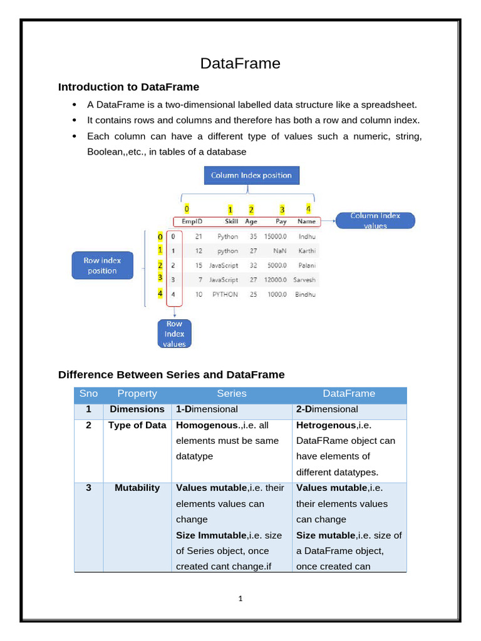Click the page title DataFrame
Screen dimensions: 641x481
tap(240, 63)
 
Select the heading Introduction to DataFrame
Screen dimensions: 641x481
tap(128, 87)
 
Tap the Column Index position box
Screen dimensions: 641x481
tap(251, 175)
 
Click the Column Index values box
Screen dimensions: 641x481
tap(375, 220)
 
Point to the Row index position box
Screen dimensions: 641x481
tap(102, 265)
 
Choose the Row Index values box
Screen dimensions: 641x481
tap(174, 334)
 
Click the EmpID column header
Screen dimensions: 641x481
tap(192, 222)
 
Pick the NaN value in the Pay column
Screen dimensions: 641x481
tap(280, 251)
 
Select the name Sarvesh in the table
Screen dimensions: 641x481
tap(306, 280)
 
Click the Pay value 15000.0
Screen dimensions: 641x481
tap(275, 237)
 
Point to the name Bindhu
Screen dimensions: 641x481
tap(306, 294)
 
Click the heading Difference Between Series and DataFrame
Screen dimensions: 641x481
tap(171, 375)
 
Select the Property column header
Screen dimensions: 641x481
tap(137, 394)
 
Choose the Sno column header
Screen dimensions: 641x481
tap(88, 394)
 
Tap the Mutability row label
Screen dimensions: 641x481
tap(137, 488)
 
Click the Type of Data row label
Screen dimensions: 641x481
tap(137, 425)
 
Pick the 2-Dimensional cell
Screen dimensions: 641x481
tap(327, 409)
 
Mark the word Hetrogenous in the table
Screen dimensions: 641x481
tap(321, 425)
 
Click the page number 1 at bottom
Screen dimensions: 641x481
tap(240, 598)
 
